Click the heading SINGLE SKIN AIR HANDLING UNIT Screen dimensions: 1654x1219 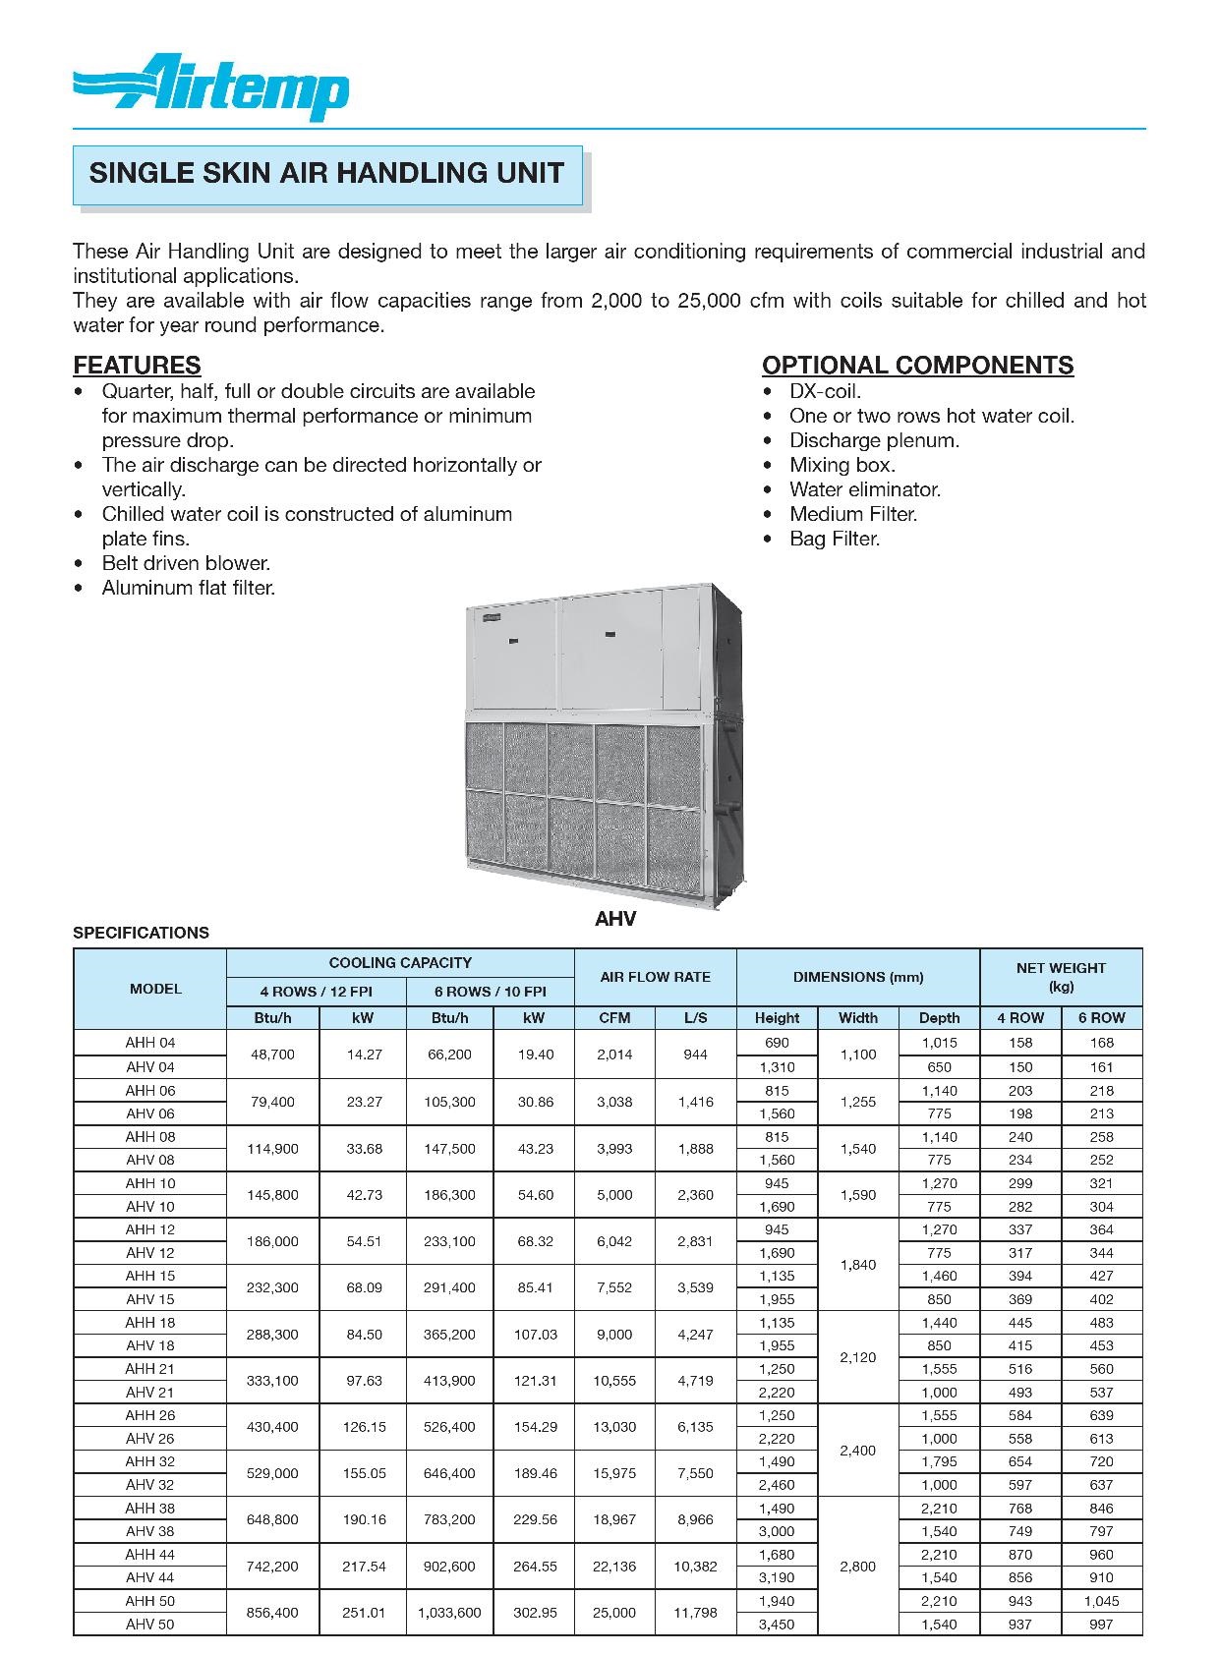coord(326,174)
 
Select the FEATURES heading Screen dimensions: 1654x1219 coord(137,366)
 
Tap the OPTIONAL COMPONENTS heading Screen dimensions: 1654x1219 coord(917,366)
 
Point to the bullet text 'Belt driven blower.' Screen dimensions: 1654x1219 coord(186,563)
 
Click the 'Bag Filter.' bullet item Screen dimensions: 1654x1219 coord(835,539)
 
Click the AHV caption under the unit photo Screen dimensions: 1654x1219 coord(615,919)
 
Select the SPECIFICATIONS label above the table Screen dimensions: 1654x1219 coord(141,933)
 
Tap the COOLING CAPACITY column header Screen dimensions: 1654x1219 coord(400,963)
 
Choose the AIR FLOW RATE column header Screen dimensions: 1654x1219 coord(655,977)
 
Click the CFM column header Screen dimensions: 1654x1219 coord(614,1018)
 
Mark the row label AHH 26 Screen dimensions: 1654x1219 coord(149,1415)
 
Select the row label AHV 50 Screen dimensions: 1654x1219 coord(149,1625)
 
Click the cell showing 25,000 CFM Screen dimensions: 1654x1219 coord(614,1613)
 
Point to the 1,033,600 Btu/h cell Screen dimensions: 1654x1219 coord(449,1613)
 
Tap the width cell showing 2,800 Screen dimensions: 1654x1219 coord(857,1567)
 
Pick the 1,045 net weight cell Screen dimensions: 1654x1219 coord(1101,1601)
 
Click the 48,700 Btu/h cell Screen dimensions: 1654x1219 coord(272,1055)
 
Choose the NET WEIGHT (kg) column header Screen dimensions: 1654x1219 coord(1061,977)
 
